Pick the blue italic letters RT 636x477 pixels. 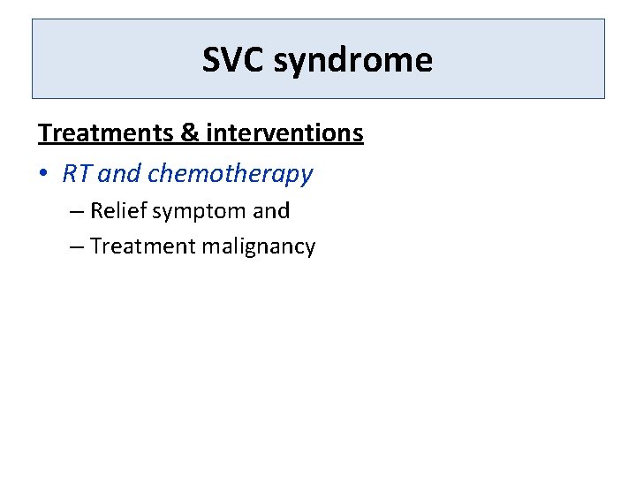(77, 174)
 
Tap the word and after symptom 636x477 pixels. (271, 211)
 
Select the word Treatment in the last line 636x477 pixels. (143, 246)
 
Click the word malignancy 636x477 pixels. (258, 247)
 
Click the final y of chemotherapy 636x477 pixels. (306, 177)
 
